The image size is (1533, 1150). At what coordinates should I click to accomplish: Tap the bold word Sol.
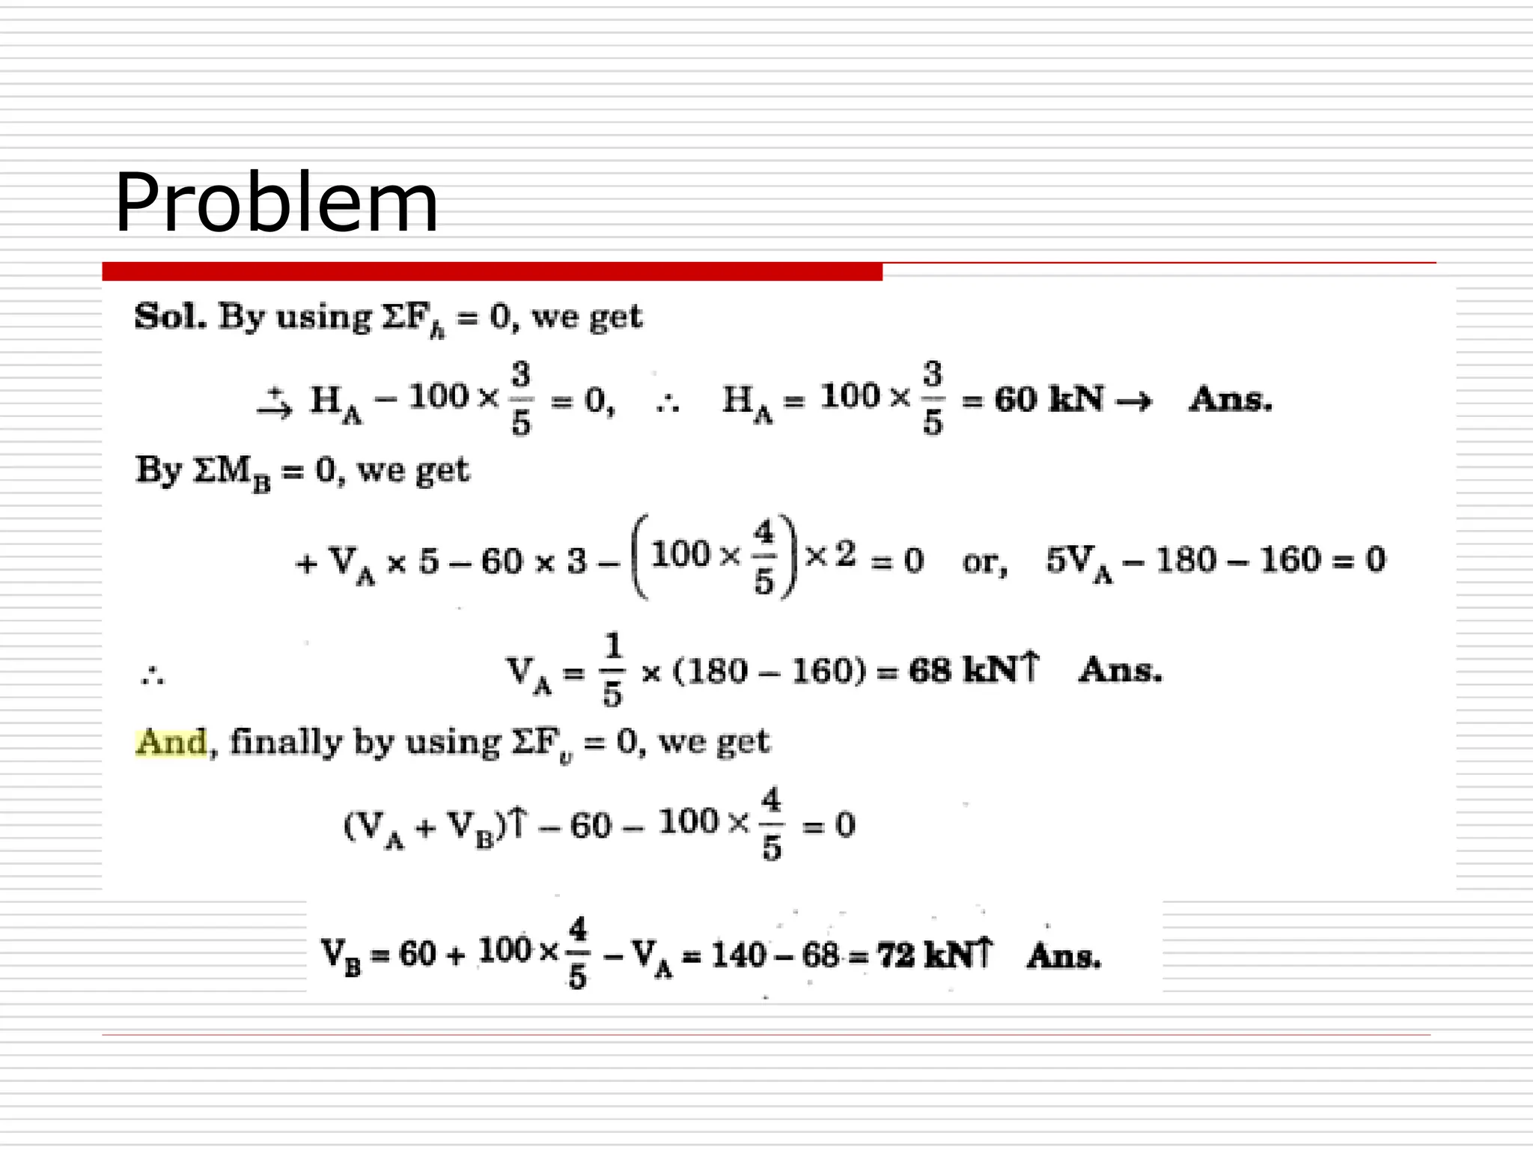(170, 317)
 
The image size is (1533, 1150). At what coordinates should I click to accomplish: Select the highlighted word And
(171, 743)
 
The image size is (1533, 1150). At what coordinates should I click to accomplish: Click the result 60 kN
(1048, 399)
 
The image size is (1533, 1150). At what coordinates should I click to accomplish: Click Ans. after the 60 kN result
(1231, 399)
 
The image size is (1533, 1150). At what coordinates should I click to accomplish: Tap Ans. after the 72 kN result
(1064, 956)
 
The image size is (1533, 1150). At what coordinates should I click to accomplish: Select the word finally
(285, 743)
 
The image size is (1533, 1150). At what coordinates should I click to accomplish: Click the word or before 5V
(984, 562)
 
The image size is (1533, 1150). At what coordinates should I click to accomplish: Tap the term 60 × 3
(534, 562)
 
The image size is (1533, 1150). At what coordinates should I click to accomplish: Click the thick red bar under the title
(492, 271)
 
